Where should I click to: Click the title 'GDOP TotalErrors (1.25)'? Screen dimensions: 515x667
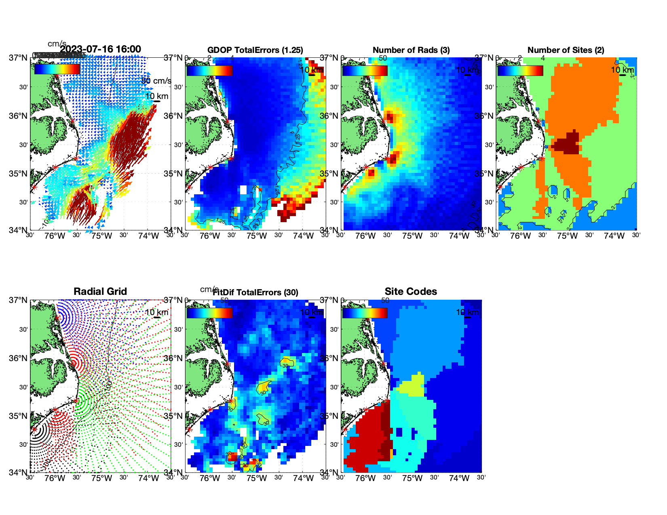click(x=255, y=50)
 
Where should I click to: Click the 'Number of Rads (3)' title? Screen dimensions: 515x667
click(x=411, y=50)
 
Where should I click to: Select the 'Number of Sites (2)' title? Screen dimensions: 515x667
click(x=566, y=50)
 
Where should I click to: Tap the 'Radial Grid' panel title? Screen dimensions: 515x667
click(x=100, y=292)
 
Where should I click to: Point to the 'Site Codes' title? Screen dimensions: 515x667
click(x=411, y=292)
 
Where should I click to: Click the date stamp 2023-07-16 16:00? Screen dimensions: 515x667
click(x=101, y=50)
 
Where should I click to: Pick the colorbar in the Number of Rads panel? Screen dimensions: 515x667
click(x=365, y=70)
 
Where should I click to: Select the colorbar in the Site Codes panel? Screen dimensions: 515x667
click(x=365, y=313)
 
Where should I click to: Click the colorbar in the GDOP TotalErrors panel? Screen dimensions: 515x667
click(x=209, y=70)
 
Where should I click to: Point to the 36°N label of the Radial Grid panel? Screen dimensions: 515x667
click(x=19, y=358)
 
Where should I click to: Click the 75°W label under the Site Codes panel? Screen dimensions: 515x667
click(x=412, y=479)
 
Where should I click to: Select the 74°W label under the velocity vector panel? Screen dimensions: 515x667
click(x=148, y=236)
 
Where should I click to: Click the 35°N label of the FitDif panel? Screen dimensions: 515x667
click(x=174, y=416)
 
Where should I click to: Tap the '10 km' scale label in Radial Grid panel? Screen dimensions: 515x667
click(x=156, y=312)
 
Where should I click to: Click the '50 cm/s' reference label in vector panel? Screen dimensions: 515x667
click(x=156, y=81)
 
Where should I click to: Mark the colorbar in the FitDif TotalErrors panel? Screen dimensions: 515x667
click(x=209, y=313)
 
